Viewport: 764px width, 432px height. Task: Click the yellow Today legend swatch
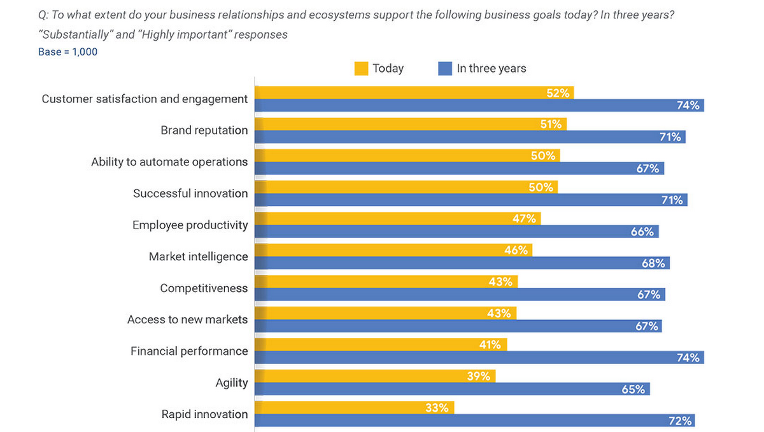(361, 69)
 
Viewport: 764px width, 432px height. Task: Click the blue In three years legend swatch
(445, 69)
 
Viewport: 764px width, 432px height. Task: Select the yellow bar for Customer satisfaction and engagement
(414, 93)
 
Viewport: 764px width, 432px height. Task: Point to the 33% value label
(437, 408)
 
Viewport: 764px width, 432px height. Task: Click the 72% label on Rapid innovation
(680, 421)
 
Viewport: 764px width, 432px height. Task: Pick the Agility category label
(232, 383)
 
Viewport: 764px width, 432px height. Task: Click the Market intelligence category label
(198, 256)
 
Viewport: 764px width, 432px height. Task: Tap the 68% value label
(653, 263)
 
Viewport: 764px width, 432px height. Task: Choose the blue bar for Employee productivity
(456, 232)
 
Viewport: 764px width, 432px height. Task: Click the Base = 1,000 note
(68, 52)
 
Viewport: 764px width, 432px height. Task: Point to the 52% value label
(558, 93)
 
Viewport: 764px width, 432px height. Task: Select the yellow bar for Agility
(375, 376)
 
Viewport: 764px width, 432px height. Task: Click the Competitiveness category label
(204, 288)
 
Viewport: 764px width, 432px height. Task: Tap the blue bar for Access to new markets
(458, 326)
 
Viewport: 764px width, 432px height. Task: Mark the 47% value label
(525, 219)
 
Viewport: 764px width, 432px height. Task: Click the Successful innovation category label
(190, 193)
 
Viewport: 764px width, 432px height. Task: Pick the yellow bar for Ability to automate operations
(407, 156)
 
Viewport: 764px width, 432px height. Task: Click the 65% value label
(633, 389)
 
